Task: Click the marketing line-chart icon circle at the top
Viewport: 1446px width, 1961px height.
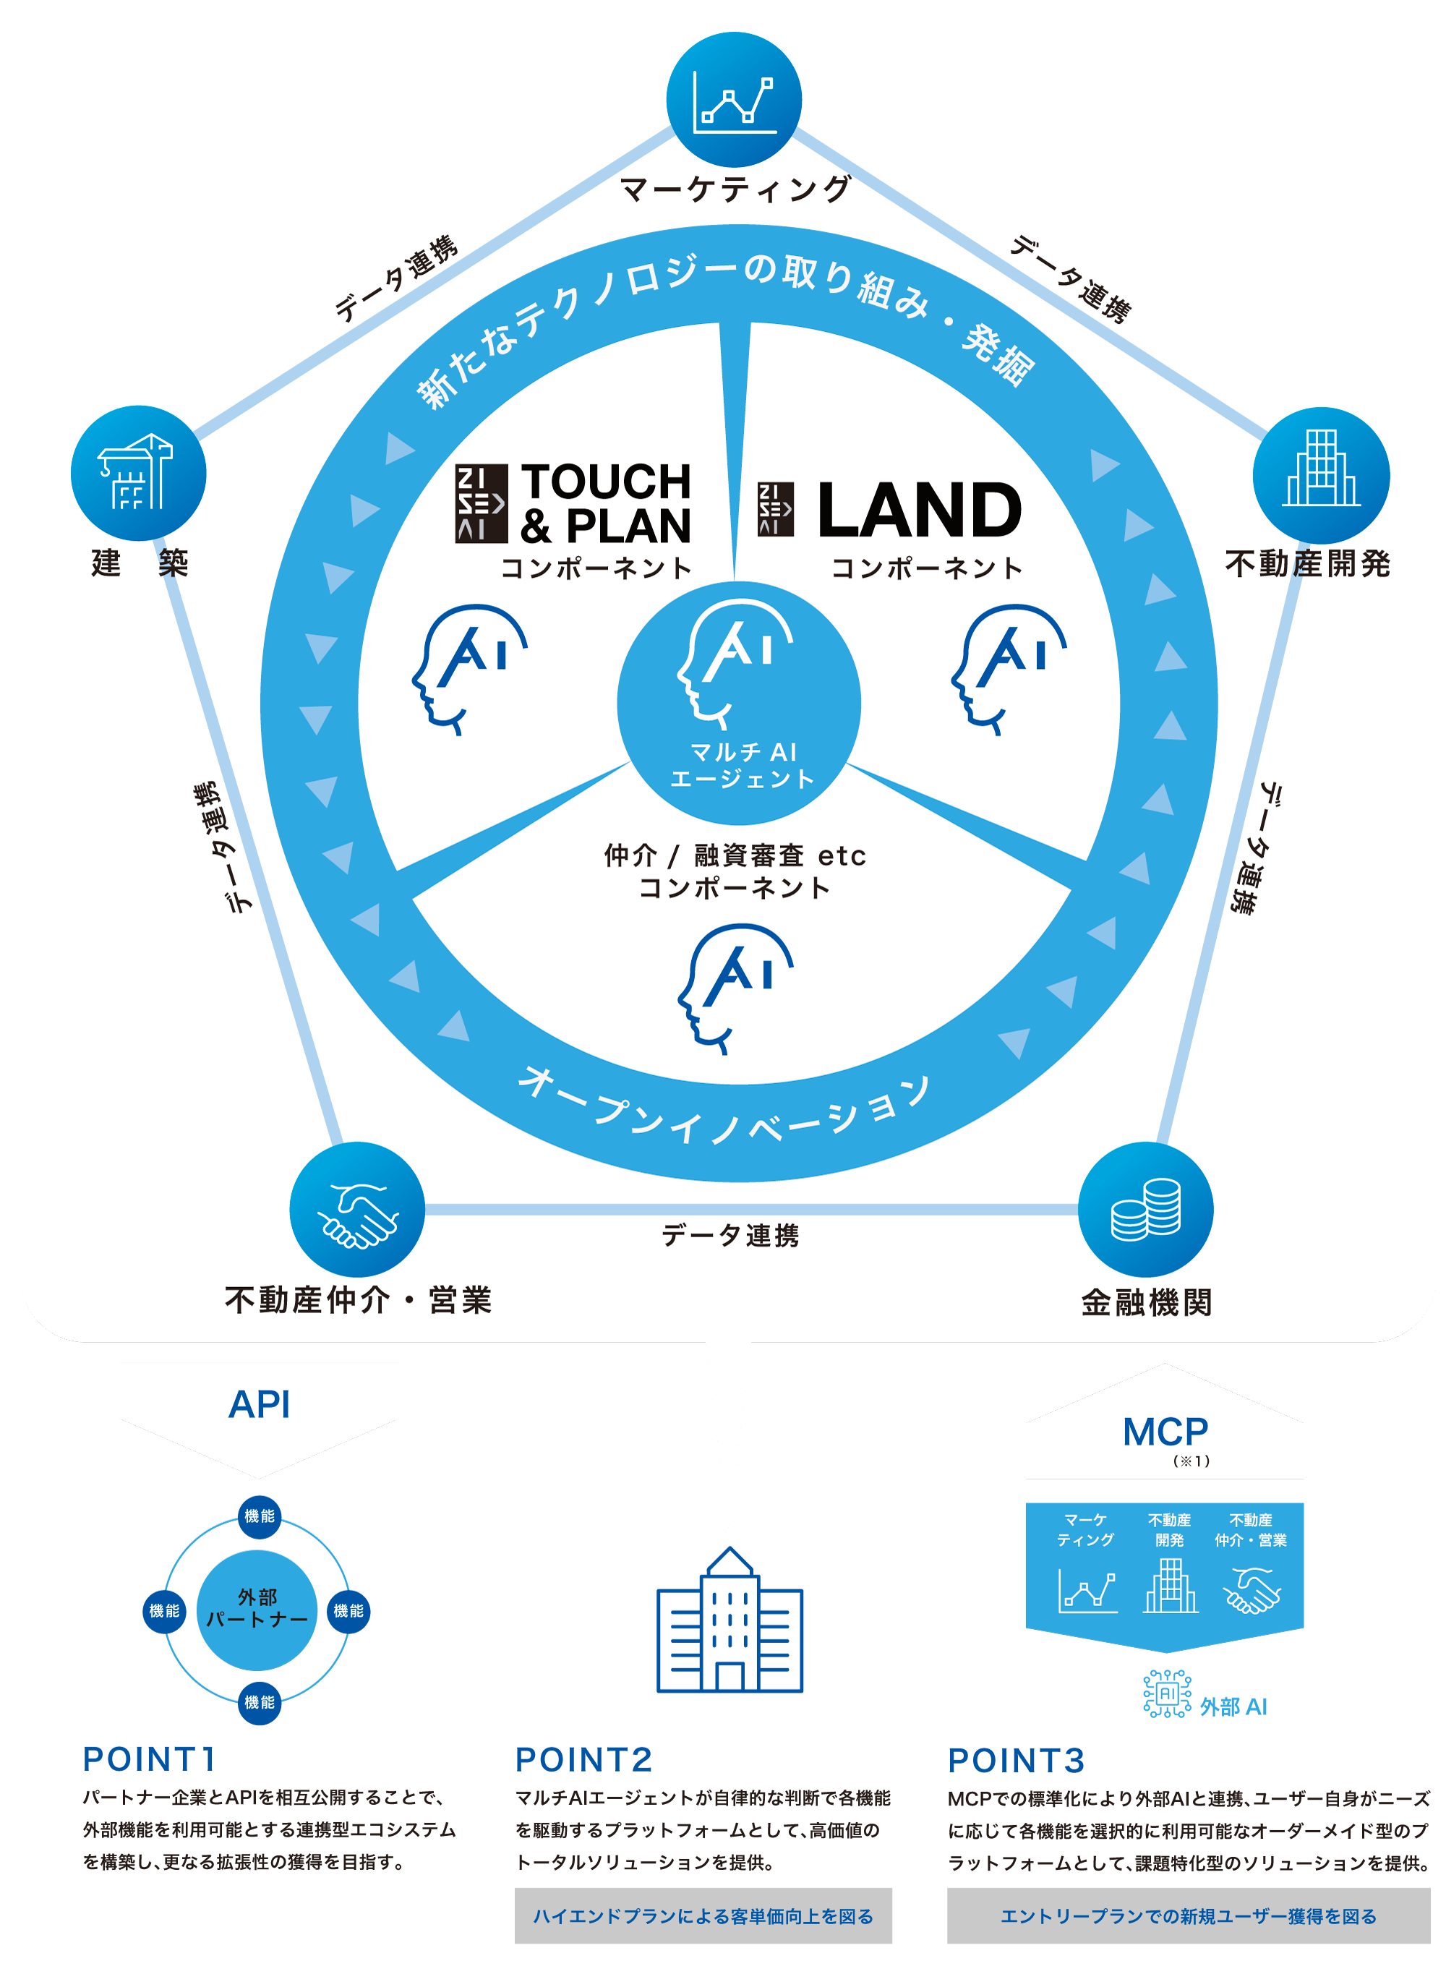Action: [x=734, y=100]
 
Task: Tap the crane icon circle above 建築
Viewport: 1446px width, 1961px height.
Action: [x=138, y=473]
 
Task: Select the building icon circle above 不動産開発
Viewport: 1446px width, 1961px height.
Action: [x=1321, y=474]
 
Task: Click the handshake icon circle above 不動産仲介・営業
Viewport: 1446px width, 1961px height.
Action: [x=357, y=1209]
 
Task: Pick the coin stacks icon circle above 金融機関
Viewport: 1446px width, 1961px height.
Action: [x=1146, y=1209]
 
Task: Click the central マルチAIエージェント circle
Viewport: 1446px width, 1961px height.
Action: [x=739, y=703]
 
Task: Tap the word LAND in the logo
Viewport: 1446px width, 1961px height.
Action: [x=919, y=510]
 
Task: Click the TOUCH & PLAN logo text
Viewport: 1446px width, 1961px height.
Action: [x=606, y=503]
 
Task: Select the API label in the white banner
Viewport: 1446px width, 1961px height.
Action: [x=259, y=1405]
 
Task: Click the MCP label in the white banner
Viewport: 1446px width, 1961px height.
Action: [x=1165, y=1432]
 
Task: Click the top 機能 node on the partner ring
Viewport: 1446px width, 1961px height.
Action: [x=259, y=1516]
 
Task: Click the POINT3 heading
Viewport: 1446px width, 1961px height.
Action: [x=1017, y=1761]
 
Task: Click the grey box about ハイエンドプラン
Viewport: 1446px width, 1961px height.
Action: [x=703, y=1916]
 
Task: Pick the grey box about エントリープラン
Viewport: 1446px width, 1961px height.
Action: [x=1188, y=1916]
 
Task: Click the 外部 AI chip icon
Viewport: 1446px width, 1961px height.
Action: [x=1167, y=1694]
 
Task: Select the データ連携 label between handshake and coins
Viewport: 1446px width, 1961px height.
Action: [x=730, y=1235]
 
